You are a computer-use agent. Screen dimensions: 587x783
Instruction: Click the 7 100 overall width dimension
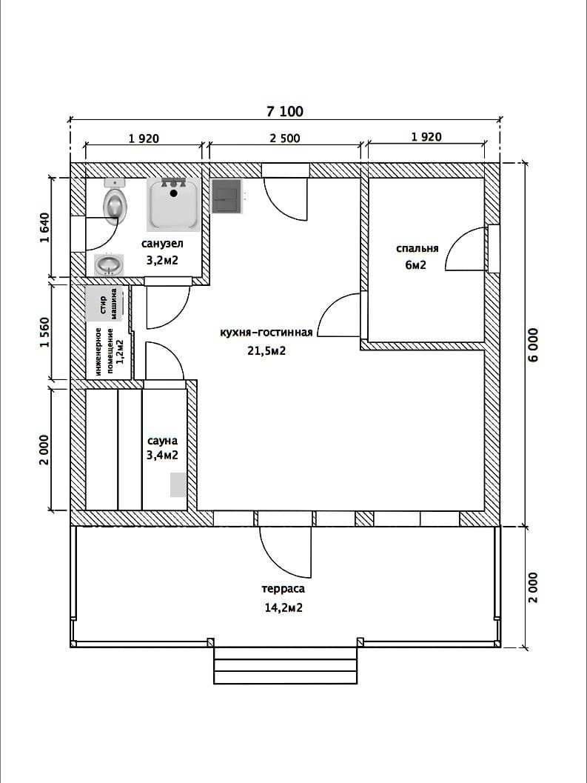click(x=284, y=111)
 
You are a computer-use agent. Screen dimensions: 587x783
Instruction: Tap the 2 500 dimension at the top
click(x=285, y=138)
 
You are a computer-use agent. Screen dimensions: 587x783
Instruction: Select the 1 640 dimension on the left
click(x=45, y=227)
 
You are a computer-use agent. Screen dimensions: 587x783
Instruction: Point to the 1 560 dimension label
click(x=45, y=332)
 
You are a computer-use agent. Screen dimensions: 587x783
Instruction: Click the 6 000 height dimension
click(x=533, y=344)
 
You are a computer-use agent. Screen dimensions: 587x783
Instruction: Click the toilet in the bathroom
click(x=115, y=201)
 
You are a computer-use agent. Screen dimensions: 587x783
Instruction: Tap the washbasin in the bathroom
click(x=109, y=264)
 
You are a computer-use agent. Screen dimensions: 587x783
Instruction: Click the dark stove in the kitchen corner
click(x=227, y=196)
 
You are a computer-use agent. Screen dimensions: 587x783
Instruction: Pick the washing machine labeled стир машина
click(x=104, y=304)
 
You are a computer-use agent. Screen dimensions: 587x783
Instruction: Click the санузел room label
click(x=162, y=244)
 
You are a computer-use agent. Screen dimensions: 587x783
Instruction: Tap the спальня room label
click(x=417, y=249)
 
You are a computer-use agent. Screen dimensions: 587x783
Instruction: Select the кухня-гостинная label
click(x=266, y=333)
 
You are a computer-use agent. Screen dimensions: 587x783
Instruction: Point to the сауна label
click(x=162, y=441)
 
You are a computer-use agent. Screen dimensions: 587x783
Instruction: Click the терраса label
click(x=283, y=589)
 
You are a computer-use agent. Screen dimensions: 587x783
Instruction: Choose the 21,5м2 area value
click(x=266, y=350)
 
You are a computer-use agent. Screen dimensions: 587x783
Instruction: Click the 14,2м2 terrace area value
click(x=284, y=607)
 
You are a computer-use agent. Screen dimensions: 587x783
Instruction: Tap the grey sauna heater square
click(x=178, y=484)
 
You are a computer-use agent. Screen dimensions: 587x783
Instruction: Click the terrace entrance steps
click(x=286, y=666)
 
